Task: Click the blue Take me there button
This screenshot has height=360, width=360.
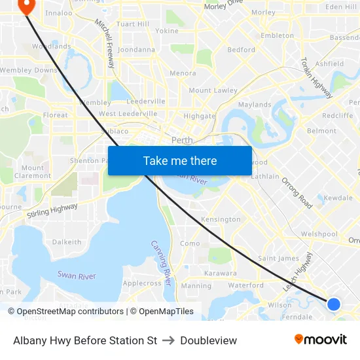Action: (179, 160)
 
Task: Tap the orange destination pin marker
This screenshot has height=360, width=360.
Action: (27, 7)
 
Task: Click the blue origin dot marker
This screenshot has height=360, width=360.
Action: (334, 304)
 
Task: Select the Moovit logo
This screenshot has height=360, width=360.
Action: (321, 340)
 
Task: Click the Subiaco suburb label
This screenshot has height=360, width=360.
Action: (115, 130)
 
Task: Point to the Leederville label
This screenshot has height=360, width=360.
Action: (145, 101)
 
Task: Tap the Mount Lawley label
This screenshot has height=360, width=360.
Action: (213, 90)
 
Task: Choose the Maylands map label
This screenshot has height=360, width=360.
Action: (255, 105)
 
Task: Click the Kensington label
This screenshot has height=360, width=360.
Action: (221, 219)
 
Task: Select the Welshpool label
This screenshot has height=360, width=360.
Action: (319, 234)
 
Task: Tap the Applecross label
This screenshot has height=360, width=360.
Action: (142, 283)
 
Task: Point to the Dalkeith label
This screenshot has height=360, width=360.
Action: (67, 242)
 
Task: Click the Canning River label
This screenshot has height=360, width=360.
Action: (161, 262)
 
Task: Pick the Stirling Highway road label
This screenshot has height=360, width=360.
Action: (52, 210)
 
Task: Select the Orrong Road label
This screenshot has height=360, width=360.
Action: (297, 192)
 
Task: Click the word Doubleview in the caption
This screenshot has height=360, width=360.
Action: (209, 340)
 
